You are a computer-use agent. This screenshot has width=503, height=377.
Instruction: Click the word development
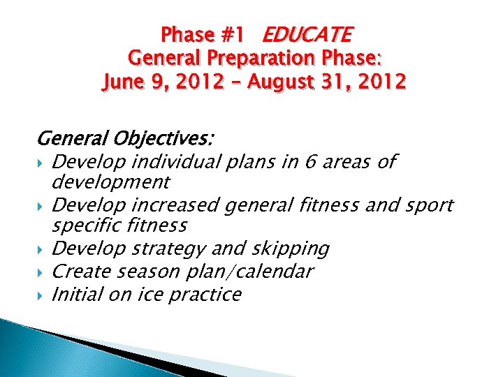[110, 182]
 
